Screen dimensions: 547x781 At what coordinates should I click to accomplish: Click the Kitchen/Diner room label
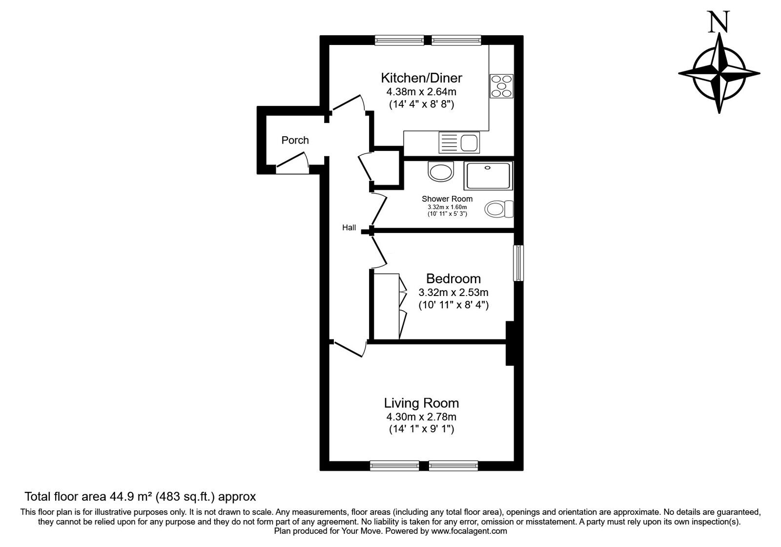[421, 78]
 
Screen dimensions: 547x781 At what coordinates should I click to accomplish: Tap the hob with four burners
[501, 86]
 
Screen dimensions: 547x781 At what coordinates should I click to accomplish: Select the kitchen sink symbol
[460, 142]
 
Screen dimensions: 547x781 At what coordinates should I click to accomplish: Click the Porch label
[295, 141]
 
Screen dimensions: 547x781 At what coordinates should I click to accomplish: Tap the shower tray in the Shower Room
[488, 176]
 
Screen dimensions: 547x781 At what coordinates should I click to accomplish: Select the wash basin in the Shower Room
[441, 171]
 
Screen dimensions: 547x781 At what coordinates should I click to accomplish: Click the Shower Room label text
[447, 199]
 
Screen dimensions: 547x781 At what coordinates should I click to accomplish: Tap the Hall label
[349, 228]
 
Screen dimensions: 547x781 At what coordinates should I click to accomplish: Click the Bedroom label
[453, 279]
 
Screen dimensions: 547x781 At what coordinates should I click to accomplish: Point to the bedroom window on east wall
[518, 263]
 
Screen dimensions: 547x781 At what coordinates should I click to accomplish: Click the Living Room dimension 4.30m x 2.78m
[421, 417]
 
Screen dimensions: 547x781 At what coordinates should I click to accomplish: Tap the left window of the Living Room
[394, 466]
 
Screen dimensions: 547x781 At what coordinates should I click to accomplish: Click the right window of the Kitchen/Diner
[456, 41]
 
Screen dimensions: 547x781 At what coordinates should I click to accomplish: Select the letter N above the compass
[719, 23]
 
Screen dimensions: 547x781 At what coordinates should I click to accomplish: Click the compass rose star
[719, 74]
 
